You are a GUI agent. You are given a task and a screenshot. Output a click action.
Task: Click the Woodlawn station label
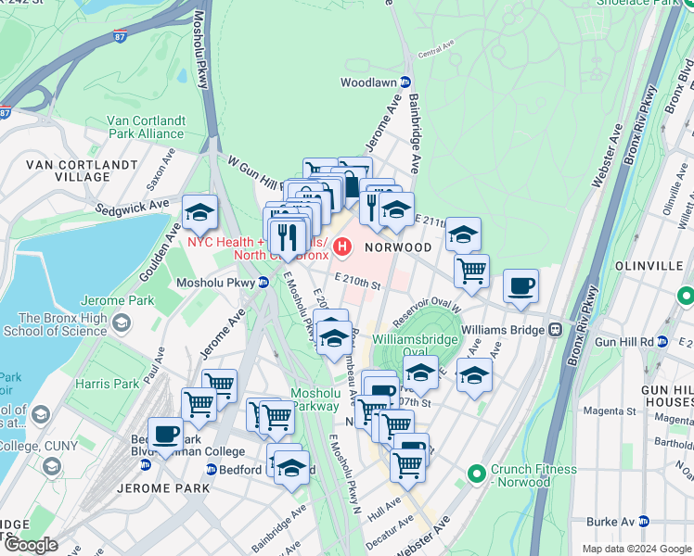tap(367, 82)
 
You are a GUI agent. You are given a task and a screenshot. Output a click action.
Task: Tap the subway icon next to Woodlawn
tap(405, 82)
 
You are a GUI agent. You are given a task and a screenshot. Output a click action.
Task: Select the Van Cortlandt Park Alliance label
tap(146, 127)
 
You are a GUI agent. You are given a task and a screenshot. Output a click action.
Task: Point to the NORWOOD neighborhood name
tap(398, 247)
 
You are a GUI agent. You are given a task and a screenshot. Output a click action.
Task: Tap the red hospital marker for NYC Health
tap(343, 247)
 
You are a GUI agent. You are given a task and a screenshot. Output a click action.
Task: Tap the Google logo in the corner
tap(31, 544)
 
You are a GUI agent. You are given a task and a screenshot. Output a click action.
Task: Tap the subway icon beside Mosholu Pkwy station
tap(264, 283)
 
